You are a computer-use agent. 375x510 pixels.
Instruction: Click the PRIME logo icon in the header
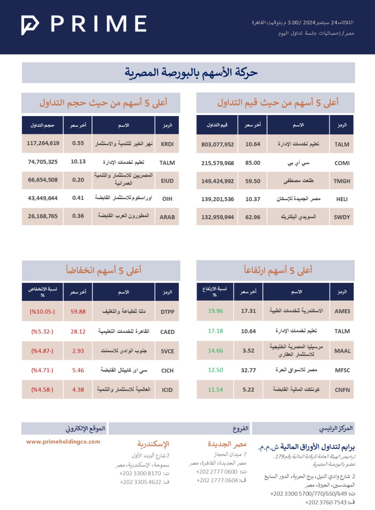pyautogui.click(x=30, y=25)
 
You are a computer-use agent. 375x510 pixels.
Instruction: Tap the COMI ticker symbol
pyautogui.click(x=342, y=163)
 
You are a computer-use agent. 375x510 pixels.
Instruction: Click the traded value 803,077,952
pyautogui.click(x=218, y=144)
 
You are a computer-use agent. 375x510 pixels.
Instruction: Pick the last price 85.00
pyautogui.click(x=253, y=163)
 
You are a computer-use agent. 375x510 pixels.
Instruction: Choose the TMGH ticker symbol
pyautogui.click(x=342, y=181)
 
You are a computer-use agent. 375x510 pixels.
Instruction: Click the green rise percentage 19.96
pyautogui.click(x=215, y=311)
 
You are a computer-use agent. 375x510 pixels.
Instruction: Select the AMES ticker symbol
pyautogui.click(x=342, y=312)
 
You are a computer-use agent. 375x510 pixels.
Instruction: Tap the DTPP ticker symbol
pyautogui.click(x=167, y=312)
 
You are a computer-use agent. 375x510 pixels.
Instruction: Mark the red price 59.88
pyautogui.click(x=78, y=312)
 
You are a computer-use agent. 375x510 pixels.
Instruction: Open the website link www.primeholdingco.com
pyautogui.click(x=63, y=441)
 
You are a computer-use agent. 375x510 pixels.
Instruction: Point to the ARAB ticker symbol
pyautogui.click(x=167, y=217)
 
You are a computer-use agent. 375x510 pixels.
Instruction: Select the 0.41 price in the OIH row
pyautogui.click(x=78, y=198)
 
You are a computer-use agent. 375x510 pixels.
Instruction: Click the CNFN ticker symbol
pyautogui.click(x=342, y=390)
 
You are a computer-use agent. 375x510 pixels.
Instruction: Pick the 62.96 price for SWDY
pyautogui.click(x=253, y=217)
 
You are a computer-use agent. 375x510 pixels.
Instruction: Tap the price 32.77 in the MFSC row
pyautogui.click(x=248, y=370)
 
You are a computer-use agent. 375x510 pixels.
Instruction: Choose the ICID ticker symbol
pyautogui.click(x=167, y=390)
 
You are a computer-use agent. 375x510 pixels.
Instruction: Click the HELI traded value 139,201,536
pyautogui.click(x=218, y=199)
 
